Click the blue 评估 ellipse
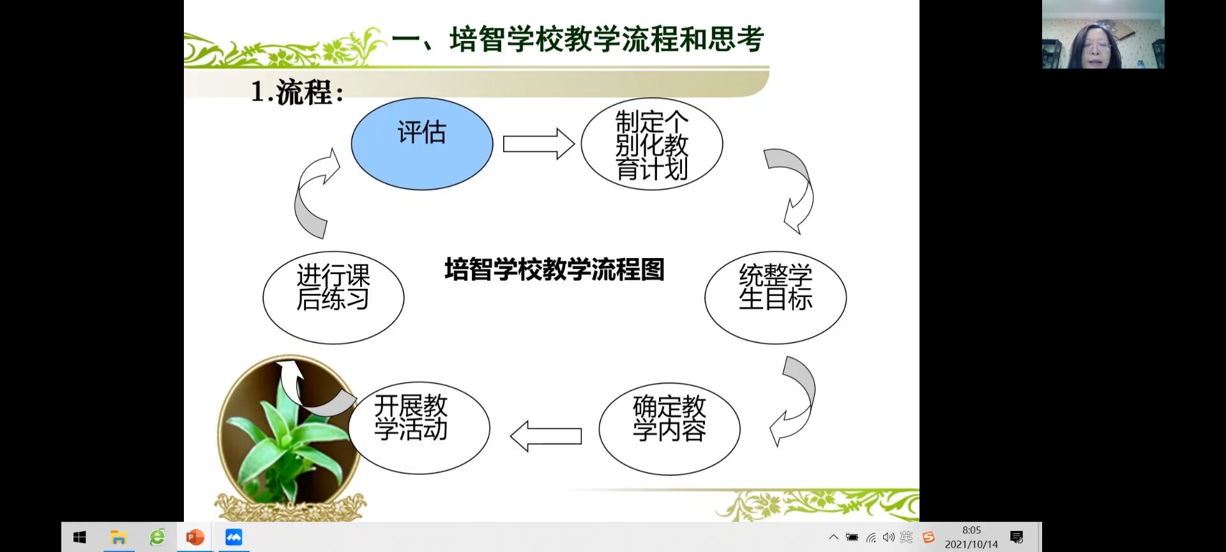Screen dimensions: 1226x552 (422, 144)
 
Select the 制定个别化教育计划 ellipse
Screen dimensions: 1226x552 (652, 144)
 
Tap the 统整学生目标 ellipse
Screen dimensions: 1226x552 (776, 297)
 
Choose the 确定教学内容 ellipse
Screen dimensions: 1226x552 (669, 429)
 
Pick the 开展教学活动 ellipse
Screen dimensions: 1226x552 (419, 427)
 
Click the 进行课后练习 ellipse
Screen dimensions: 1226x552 (333, 297)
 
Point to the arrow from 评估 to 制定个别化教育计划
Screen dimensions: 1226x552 (538, 144)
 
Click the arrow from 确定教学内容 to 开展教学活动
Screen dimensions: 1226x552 (546, 436)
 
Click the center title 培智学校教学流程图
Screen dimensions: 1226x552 (554, 269)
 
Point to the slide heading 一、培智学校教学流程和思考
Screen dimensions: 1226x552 (578, 40)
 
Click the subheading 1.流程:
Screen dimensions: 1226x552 (298, 92)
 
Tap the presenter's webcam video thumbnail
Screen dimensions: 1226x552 (1103, 34)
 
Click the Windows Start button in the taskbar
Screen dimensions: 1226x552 (80, 537)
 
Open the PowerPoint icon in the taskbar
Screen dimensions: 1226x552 (195, 537)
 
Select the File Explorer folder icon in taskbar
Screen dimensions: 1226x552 (119, 537)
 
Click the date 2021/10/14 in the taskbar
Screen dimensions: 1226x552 (971, 544)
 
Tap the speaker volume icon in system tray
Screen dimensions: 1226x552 (888, 537)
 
